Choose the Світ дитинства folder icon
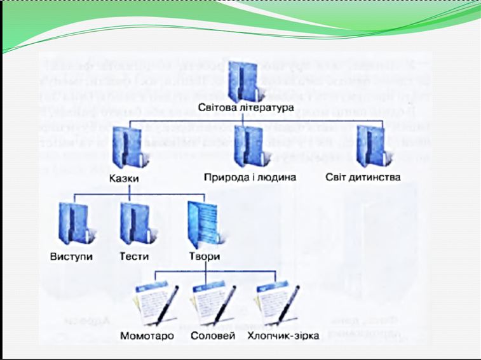tap(372, 147)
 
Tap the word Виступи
tap(71, 257)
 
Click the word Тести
tap(134, 257)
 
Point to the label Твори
tap(205, 257)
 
